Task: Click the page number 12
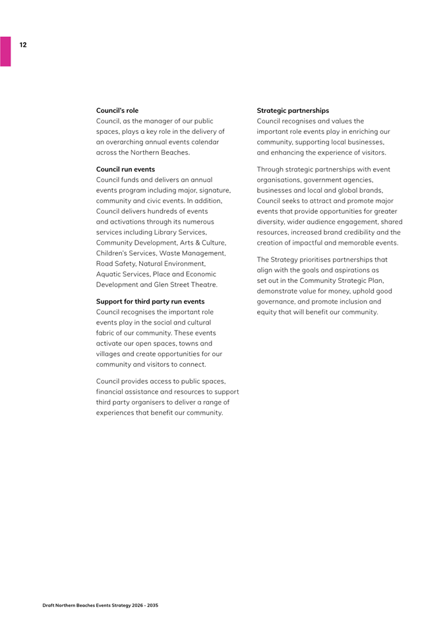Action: pos(23,45)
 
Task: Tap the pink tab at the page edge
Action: pos(5,51)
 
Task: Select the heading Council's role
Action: pos(117,110)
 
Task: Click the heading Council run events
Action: pos(126,170)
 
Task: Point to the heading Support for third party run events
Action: pos(150,301)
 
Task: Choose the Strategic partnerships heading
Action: pos(293,110)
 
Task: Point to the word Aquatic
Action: pos(109,274)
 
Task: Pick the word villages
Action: pos(109,354)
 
